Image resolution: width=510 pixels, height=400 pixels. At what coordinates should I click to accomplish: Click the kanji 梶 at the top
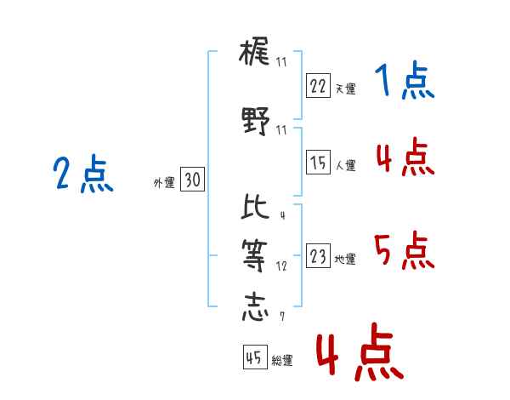[x=254, y=51]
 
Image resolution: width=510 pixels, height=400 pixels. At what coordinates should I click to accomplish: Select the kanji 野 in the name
[x=256, y=121]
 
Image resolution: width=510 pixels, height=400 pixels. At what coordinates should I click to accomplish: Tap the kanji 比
[x=255, y=206]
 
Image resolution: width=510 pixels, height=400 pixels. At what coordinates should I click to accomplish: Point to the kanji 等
[x=254, y=256]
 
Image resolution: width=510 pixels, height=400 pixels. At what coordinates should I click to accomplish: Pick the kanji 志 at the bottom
[x=255, y=308]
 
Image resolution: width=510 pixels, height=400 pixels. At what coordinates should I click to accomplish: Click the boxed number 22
[x=318, y=85]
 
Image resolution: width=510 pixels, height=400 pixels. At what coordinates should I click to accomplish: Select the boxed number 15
[x=318, y=162]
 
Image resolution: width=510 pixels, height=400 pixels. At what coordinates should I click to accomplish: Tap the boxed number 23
[x=318, y=255]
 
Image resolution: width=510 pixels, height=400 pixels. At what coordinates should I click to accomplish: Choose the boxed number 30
[x=192, y=179]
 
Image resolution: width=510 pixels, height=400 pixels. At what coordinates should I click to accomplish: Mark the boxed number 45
[x=255, y=357]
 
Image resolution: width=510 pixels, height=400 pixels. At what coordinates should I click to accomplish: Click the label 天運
[x=346, y=89]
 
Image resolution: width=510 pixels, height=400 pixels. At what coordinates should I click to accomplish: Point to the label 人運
[x=346, y=165]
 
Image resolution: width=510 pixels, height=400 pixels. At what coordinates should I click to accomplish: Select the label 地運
[x=345, y=259]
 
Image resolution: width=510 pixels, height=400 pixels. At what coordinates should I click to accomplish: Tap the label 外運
[x=164, y=183]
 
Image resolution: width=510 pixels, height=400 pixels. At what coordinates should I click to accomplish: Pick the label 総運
[x=282, y=360]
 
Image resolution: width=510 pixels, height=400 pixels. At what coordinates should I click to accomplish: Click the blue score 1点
[x=405, y=81]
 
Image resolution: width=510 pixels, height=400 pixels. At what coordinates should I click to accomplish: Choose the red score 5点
[x=405, y=251]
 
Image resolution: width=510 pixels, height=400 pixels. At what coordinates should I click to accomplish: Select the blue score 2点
[x=83, y=174]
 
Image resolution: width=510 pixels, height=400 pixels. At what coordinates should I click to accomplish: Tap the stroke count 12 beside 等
[x=281, y=266]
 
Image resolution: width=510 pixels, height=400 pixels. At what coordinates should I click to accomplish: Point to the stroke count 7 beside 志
[x=282, y=316]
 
